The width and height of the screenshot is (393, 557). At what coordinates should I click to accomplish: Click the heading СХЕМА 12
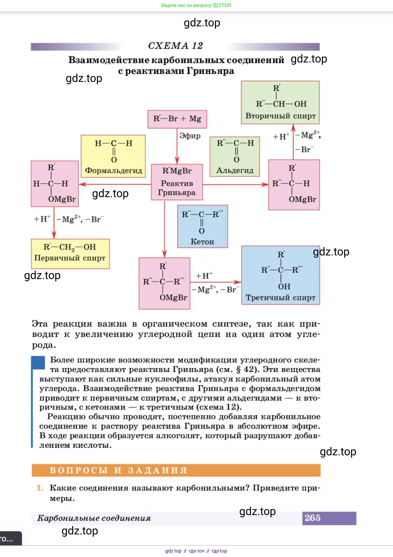175,46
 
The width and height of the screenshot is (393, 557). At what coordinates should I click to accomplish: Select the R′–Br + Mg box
177,119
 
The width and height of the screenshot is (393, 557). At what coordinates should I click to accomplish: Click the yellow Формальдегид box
113,156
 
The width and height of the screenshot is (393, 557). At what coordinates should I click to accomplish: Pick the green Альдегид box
235,157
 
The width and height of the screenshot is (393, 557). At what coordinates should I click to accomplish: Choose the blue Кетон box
202,226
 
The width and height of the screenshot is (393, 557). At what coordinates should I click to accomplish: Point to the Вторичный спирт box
280,102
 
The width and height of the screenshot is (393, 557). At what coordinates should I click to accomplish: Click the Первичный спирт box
70,253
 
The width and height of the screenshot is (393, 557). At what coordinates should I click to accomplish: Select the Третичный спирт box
281,275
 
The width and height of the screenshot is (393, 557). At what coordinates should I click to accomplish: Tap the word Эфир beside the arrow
190,136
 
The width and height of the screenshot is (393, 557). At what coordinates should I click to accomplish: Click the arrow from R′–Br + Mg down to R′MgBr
177,146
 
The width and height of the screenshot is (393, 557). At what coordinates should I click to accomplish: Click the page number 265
312,518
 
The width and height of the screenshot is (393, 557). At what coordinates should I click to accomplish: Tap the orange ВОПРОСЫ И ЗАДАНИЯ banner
176,470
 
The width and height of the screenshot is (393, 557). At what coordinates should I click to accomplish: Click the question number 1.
40,488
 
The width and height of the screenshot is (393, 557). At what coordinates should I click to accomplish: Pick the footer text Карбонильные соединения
94,518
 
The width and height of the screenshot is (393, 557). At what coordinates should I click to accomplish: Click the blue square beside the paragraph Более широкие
38,363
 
